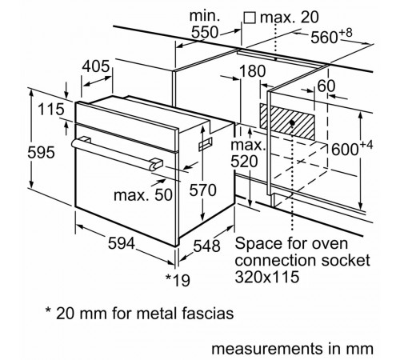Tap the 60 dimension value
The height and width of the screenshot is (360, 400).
pos(326,85)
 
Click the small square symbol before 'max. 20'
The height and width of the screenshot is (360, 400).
pos(249,16)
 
